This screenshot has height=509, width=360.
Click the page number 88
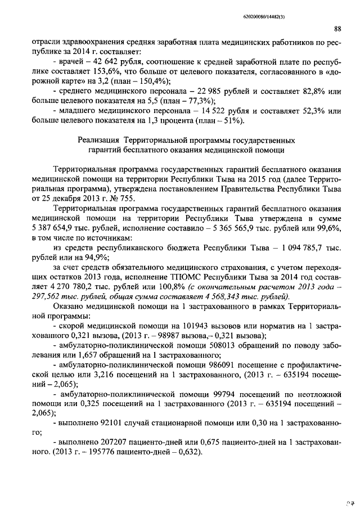337,29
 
